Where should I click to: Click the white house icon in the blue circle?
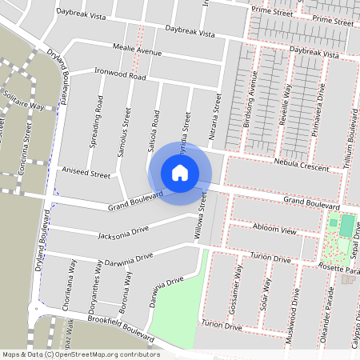coord(180,172)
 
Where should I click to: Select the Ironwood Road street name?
coord(120,74)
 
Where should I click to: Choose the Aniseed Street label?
coord(85,173)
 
